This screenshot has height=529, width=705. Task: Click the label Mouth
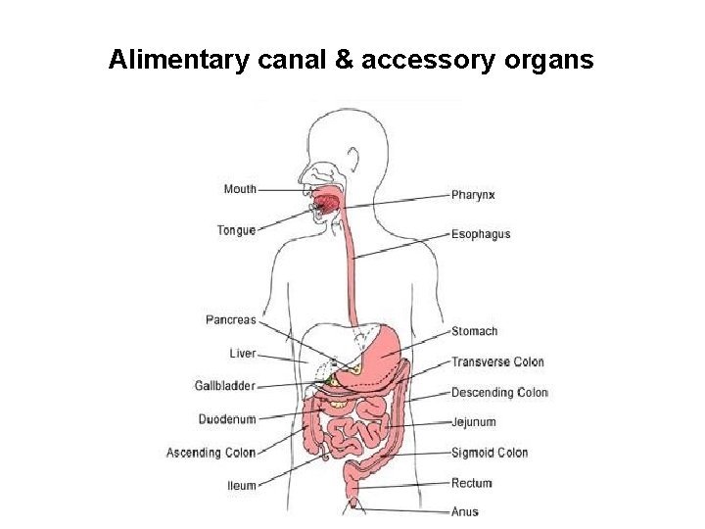point(240,189)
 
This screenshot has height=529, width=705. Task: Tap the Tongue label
point(236,230)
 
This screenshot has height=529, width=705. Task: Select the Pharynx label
point(473,195)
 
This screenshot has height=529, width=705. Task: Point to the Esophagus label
point(481,234)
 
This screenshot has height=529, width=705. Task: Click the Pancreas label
point(230,319)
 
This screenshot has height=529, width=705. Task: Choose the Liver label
point(242,354)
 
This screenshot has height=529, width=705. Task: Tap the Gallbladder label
point(224,386)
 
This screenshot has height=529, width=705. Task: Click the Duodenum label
point(227,419)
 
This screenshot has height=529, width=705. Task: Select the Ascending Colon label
point(211,453)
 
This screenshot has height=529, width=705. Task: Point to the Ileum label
point(242,485)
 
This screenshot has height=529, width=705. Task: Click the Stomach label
point(474,331)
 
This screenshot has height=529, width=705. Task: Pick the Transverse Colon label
point(497,361)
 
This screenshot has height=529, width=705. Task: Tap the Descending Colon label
point(499,393)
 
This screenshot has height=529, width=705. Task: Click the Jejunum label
point(473,422)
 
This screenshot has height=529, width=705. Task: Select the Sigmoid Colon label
point(490,453)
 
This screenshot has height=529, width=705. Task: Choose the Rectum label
point(471,483)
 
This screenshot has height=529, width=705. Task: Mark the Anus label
point(465,511)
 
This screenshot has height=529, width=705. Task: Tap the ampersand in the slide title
point(344,61)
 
